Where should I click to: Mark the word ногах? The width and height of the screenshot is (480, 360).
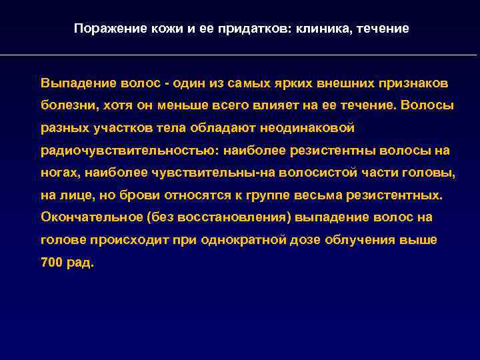pos(58,173)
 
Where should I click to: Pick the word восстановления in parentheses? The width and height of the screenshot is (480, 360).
pos(237,217)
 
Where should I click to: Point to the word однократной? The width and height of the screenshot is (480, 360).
pos(243,240)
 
